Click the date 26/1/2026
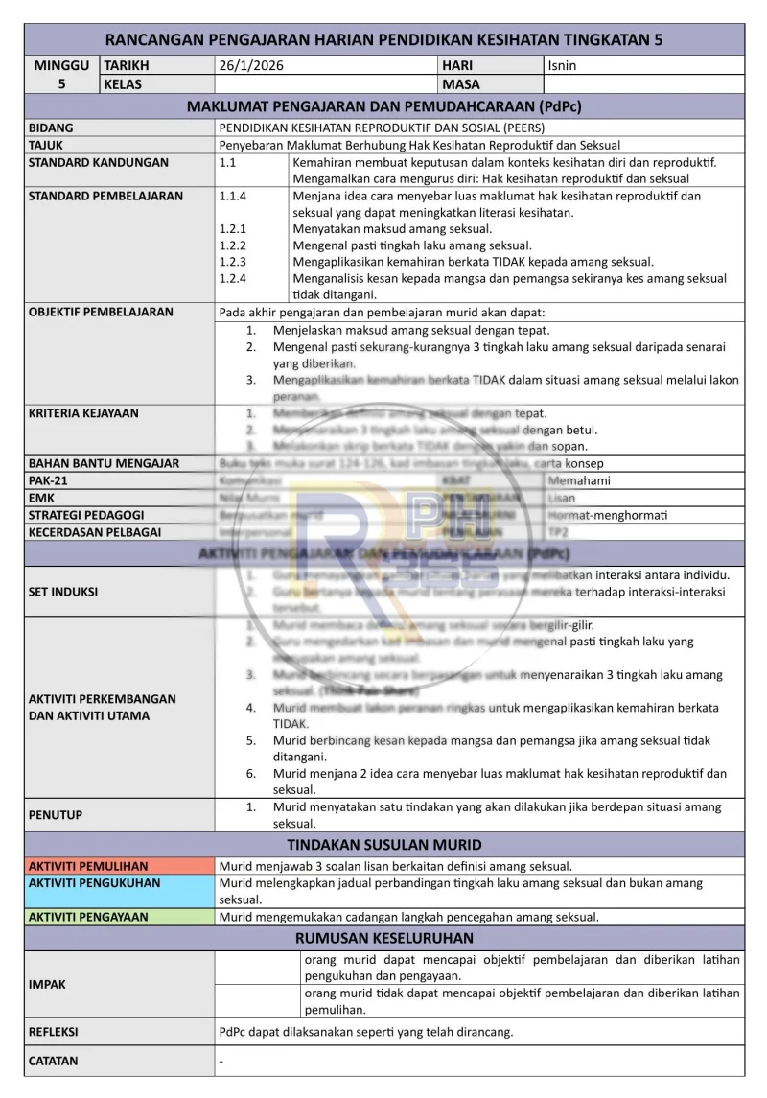point(251,66)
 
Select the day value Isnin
point(562,66)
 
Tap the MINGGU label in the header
point(61,66)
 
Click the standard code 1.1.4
point(233,196)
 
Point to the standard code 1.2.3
point(233,261)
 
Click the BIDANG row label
point(51,128)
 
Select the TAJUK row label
point(46,145)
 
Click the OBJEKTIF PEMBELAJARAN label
point(101,312)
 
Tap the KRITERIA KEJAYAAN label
point(83,413)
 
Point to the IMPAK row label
point(47,984)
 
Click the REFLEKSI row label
point(54,1033)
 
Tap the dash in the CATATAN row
point(221,1062)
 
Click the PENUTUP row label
point(55,815)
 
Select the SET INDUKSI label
point(63,592)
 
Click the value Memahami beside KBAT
point(579,480)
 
